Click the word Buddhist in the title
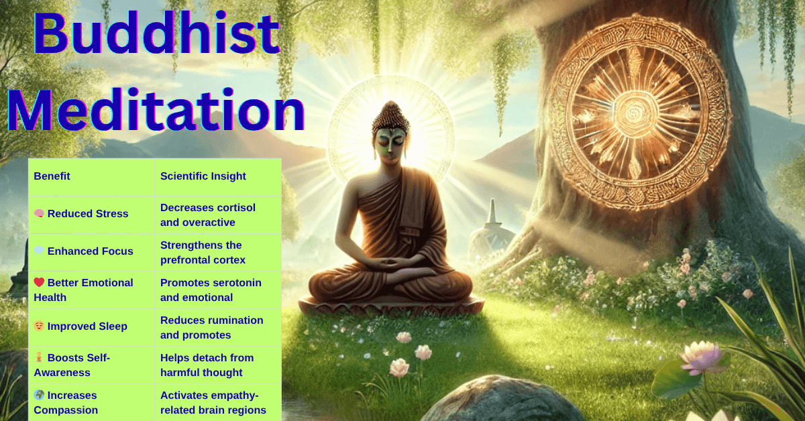click(156, 35)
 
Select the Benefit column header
click(52, 176)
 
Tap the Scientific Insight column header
click(203, 176)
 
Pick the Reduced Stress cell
click(87, 214)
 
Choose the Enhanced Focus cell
click(90, 251)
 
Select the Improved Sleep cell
click(87, 326)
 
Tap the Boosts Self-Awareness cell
click(78, 365)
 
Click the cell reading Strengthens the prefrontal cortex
click(203, 252)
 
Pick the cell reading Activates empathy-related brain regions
click(213, 402)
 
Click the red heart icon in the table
click(39, 282)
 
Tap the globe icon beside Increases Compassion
click(39, 395)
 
